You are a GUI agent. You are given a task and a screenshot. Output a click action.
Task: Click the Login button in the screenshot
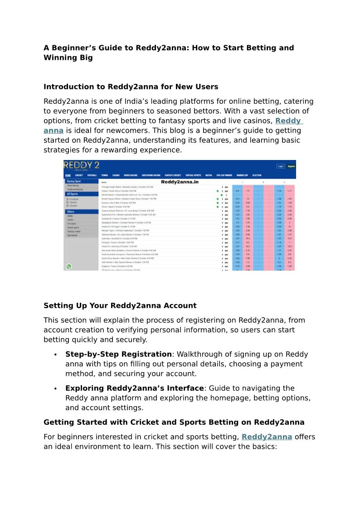tap(281, 166)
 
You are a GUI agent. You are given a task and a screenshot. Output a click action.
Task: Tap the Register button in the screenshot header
tap(291, 166)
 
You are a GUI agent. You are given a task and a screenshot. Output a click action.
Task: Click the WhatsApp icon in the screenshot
tap(69, 267)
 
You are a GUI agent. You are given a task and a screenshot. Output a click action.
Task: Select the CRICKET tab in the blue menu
tap(79, 175)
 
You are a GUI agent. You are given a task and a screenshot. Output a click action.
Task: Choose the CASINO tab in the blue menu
tap(116, 175)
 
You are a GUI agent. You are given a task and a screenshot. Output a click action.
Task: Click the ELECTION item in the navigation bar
tap(257, 175)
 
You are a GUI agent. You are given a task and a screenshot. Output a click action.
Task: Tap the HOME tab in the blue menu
tap(68, 175)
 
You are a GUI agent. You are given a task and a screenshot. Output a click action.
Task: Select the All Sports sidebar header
tap(72, 194)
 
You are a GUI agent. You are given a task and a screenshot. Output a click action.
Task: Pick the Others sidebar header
tap(71, 212)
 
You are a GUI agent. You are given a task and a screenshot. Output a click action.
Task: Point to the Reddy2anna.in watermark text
tap(180, 182)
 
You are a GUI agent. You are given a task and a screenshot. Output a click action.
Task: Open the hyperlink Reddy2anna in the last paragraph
tap(267, 437)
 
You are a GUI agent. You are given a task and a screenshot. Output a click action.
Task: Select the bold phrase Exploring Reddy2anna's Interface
tap(134, 388)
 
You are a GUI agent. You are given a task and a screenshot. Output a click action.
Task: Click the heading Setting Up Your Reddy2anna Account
tap(120, 305)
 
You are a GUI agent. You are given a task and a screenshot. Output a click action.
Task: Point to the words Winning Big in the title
tap(68, 58)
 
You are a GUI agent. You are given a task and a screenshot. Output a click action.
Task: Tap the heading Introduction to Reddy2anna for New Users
tap(131, 87)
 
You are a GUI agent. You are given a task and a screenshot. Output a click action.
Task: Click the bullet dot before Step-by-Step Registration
tap(55, 355)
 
